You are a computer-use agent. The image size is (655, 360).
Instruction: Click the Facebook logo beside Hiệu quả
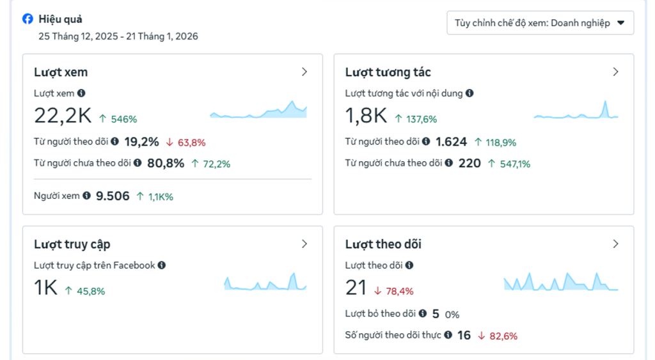click(28, 19)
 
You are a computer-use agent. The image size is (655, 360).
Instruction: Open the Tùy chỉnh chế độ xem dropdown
click(540, 23)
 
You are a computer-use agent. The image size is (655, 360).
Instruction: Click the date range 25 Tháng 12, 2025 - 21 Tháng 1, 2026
click(118, 36)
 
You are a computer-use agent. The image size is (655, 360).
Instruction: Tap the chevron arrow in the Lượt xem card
click(304, 72)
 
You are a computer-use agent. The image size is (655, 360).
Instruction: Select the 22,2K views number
click(63, 115)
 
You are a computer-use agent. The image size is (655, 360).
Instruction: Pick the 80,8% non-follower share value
click(166, 163)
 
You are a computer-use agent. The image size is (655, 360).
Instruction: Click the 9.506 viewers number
click(113, 196)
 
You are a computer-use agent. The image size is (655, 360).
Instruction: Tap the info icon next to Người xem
click(86, 196)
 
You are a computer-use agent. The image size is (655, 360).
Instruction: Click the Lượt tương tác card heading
click(388, 72)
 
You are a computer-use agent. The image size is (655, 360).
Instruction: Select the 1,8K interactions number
click(366, 115)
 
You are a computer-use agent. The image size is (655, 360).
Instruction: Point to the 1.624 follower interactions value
click(451, 142)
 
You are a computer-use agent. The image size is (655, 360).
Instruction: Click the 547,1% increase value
click(514, 164)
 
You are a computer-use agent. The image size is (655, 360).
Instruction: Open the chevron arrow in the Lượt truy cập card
click(304, 244)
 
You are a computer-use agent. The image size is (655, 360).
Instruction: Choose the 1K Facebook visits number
click(45, 288)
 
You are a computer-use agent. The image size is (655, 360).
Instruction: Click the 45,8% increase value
click(90, 291)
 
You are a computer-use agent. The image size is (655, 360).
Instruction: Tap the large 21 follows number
click(356, 288)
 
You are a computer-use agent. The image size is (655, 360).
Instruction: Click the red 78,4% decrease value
click(399, 291)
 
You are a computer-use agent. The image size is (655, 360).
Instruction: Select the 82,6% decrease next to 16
click(503, 336)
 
